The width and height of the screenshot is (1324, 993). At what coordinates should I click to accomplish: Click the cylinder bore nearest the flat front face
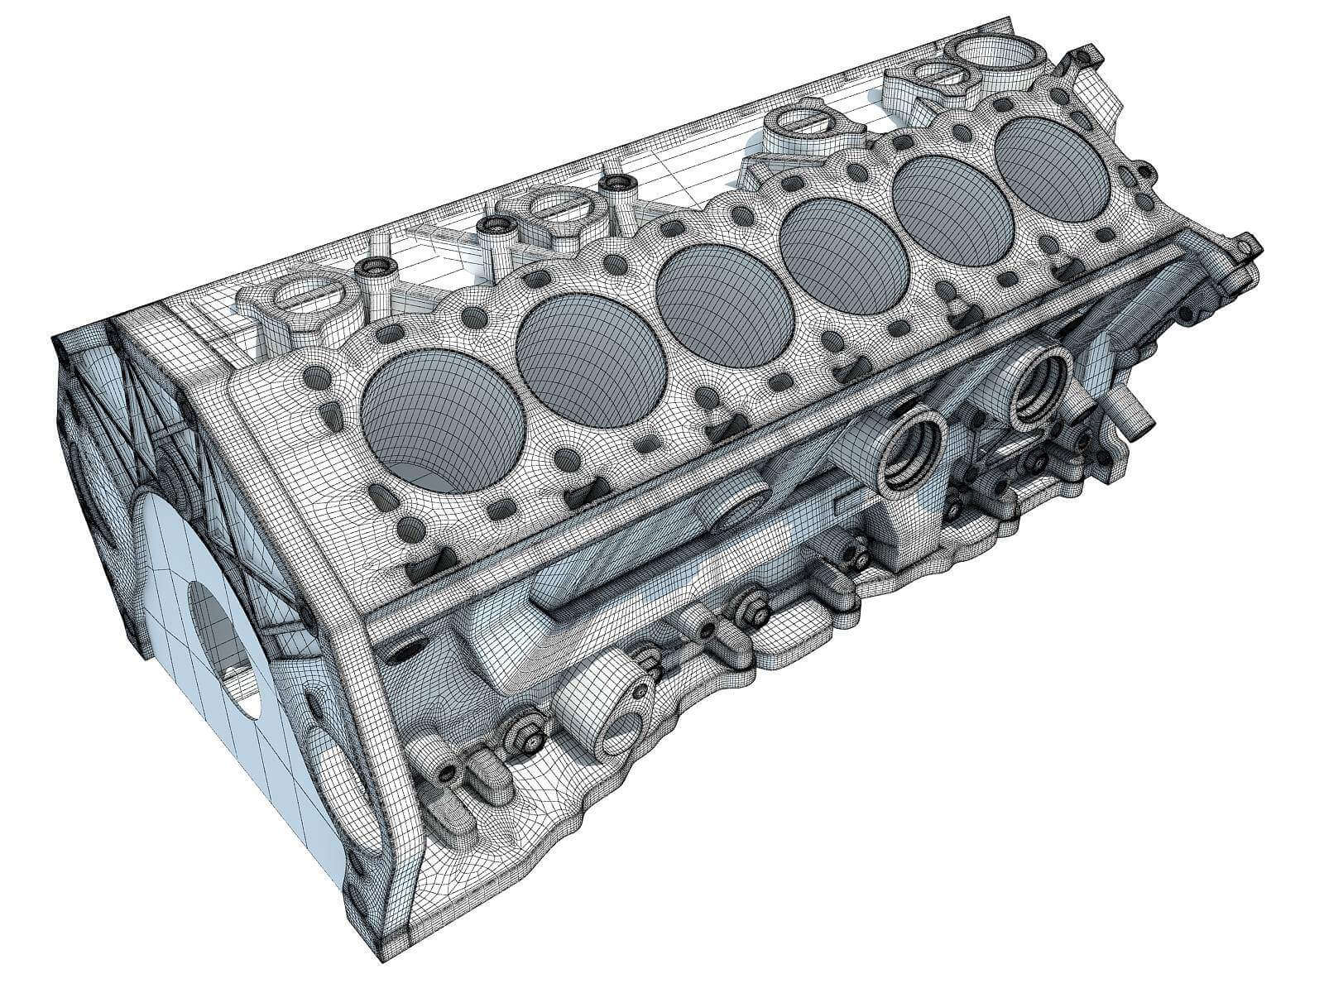click(443, 414)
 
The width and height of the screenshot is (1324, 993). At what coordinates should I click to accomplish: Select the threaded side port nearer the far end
click(1039, 386)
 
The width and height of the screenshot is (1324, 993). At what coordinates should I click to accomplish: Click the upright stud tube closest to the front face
click(377, 273)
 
